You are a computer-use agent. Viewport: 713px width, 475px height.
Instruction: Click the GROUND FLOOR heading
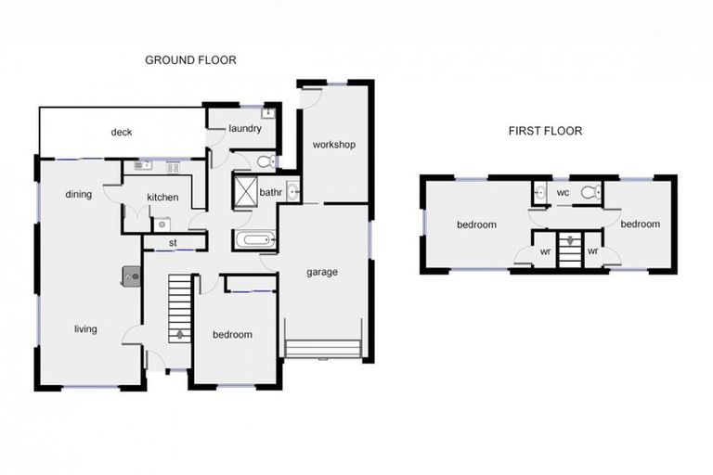pos(190,59)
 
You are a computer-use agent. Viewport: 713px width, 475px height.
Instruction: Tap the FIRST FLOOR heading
pos(545,131)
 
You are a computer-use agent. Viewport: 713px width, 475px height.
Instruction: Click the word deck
pos(122,132)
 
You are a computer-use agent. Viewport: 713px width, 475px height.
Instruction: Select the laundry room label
pos(244,128)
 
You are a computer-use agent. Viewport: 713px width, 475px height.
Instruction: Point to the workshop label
pos(333,145)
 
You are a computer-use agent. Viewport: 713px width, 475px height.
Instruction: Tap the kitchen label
pos(163,198)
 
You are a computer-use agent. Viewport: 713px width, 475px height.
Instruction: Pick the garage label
pos(322,272)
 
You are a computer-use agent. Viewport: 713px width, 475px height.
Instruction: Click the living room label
pos(85,328)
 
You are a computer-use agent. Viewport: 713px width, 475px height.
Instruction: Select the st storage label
pos(173,243)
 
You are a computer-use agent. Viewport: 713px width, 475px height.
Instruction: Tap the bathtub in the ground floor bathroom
pos(253,241)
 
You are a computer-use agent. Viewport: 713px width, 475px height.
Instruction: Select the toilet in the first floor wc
pos(589,193)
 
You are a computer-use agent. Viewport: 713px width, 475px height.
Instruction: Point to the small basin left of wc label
pos(539,194)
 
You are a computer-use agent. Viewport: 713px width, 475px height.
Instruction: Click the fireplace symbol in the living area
pos(130,275)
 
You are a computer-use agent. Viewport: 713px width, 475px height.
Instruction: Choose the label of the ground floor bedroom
pos(232,335)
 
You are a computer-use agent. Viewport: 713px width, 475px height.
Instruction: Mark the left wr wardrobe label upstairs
pos(545,250)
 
